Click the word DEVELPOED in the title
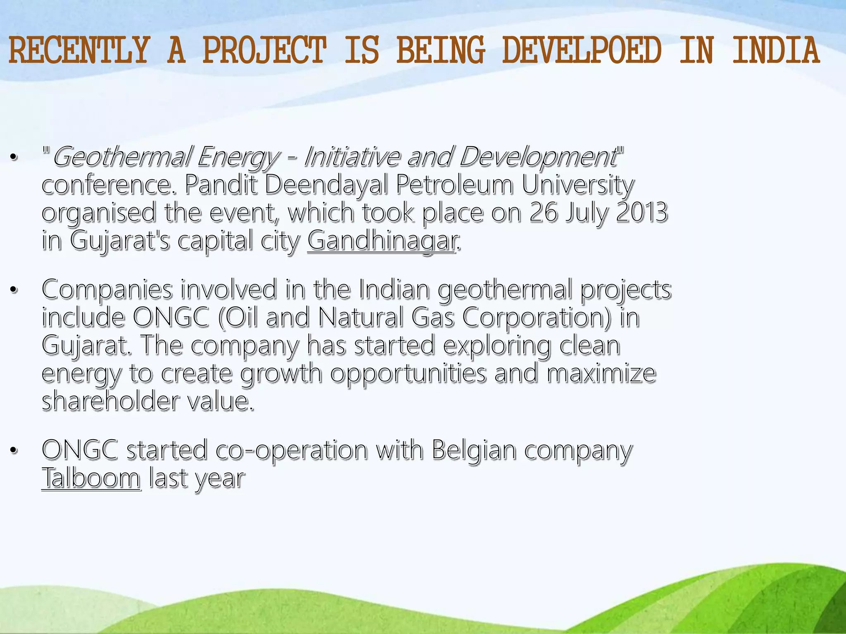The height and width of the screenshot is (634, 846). pos(582,51)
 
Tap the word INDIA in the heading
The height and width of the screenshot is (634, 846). pos(776,51)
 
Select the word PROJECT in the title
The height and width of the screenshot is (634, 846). pos(264,51)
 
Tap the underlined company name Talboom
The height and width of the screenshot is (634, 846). pos(91,478)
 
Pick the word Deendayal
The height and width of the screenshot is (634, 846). pos(326,185)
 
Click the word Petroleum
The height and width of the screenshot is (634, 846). pos(455,185)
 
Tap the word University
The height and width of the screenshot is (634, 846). pos(577,185)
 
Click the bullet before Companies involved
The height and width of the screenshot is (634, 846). pos(14,290)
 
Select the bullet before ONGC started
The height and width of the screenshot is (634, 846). pos(14,450)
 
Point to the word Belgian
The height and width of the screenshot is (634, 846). pos(474,450)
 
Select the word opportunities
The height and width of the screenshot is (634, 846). pos(408,374)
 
